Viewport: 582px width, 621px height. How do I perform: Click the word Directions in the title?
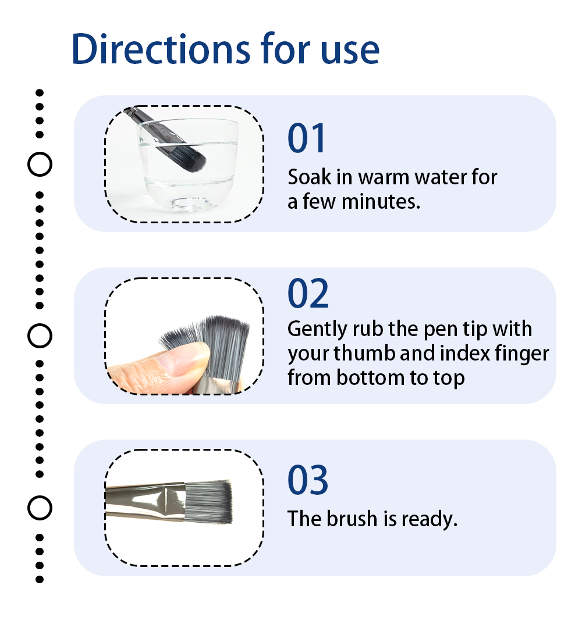click(161, 49)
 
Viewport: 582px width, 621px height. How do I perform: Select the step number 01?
click(306, 138)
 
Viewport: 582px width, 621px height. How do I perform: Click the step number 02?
click(308, 293)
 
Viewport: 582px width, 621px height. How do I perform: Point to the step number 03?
click(308, 480)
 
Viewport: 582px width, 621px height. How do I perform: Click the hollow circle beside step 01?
click(40, 164)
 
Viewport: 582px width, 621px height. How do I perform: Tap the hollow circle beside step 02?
click(40, 336)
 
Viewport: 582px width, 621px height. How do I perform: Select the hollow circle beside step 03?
click(40, 508)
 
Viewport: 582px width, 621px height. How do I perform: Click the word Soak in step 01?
click(309, 177)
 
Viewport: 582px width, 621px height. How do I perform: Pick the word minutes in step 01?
click(381, 202)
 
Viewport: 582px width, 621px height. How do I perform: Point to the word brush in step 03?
click(352, 519)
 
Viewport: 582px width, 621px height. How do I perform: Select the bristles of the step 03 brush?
click(208, 502)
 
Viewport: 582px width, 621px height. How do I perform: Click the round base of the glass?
click(190, 203)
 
